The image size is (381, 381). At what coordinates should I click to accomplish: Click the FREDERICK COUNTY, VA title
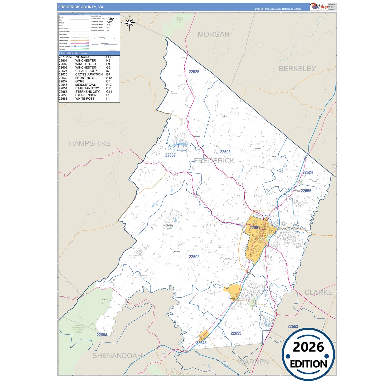click(x=81, y=7)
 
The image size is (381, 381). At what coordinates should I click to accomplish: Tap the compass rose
click(x=129, y=23)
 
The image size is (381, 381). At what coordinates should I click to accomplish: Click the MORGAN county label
click(x=213, y=34)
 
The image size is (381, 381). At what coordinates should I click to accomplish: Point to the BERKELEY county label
click(x=297, y=69)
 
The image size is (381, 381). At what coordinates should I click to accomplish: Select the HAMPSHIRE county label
click(x=90, y=143)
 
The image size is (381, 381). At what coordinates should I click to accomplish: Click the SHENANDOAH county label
click(x=117, y=355)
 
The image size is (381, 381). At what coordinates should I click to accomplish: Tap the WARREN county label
click(x=253, y=362)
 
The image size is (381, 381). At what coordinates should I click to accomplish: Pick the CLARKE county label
click(x=319, y=292)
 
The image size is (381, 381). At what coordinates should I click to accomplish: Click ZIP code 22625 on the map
click(x=194, y=72)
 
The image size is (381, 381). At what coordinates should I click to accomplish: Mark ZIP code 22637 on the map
click(x=170, y=155)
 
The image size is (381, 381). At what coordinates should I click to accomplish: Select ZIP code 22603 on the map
click(x=225, y=152)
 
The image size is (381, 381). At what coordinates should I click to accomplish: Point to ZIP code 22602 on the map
click(x=194, y=257)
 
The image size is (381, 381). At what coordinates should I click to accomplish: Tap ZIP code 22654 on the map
click(x=102, y=335)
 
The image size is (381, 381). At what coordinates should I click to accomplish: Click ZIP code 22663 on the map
click(x=293, y=326)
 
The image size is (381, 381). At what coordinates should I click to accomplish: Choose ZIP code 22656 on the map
click(x=306, y=191)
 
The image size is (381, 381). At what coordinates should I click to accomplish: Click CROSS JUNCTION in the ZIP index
click(x=89, y=74)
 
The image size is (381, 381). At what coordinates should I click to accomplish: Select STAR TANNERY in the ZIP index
click(x=87, y=88)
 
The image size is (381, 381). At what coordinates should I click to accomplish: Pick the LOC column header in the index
click(x=109, y=57)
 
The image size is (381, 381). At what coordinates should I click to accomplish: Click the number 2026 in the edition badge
click(x=308, y=347)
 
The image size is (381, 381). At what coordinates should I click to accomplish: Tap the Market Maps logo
click(x=319, y=7)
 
